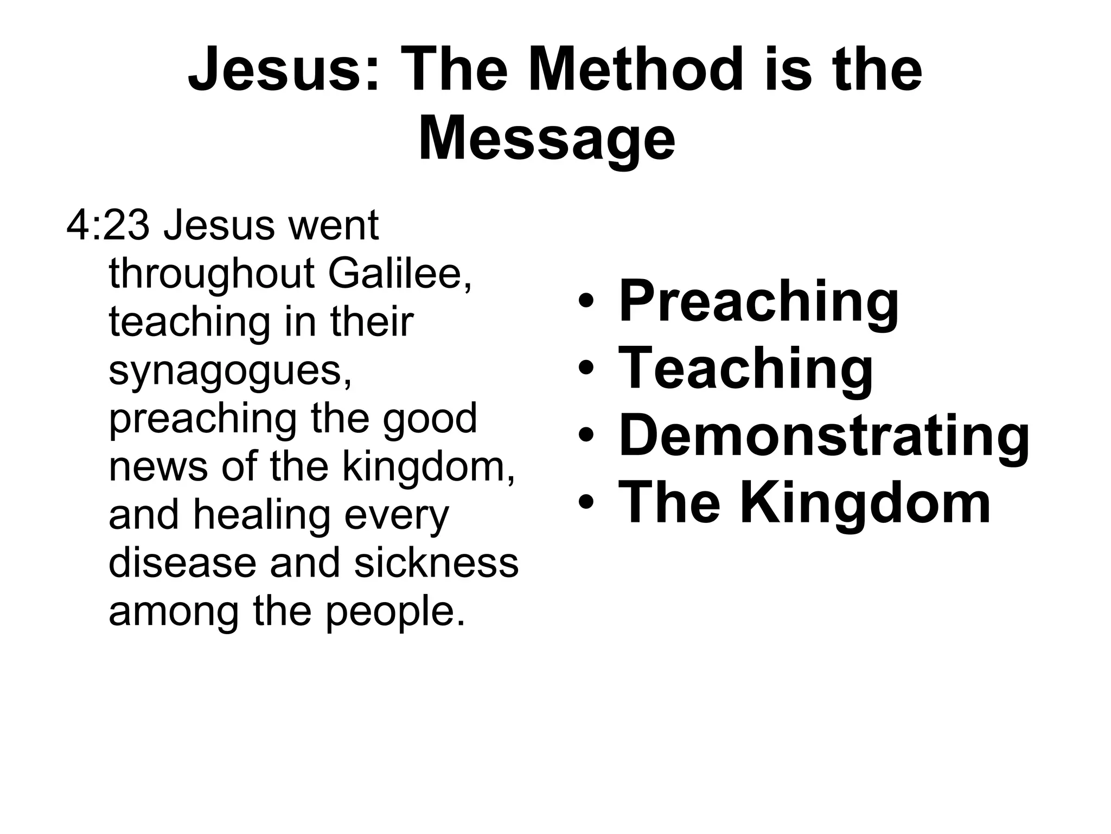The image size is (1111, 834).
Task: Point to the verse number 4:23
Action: [x=107, y=225]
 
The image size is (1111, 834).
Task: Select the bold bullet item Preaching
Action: [x=758, y=302]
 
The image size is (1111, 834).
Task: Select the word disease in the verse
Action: [x=182, y=563]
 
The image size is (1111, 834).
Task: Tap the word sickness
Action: [x=436, y=563]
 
